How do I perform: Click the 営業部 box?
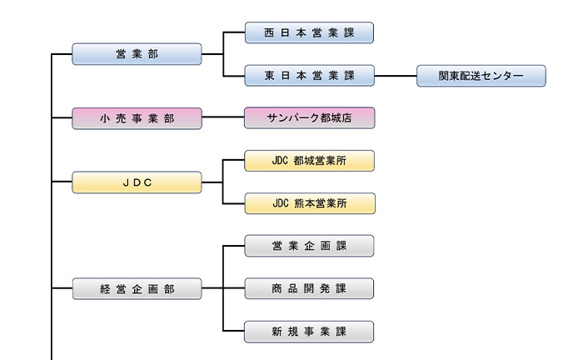click(137, 54)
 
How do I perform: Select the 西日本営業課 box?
click(309, 32)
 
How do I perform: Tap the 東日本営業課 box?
click(309, 76)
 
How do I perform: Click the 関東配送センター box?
click(481, 76)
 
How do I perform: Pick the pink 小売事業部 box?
click(137, 118)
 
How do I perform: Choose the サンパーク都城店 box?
click(309, 118)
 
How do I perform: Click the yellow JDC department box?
click(137, 182)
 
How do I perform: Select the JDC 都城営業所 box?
click(309, 161)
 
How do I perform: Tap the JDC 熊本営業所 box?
click(309, 203)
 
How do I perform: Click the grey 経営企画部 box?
click(137, 289)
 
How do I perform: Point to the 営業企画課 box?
click(309, 246)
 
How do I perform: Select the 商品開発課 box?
click(309, 289)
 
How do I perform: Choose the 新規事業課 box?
click(309, 332)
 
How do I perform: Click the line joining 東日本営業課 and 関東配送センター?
click(396, 76)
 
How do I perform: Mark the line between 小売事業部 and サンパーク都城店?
click(223, 118)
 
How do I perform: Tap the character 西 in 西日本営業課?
click(269, 32)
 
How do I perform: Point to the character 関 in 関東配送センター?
click(444, 76)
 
